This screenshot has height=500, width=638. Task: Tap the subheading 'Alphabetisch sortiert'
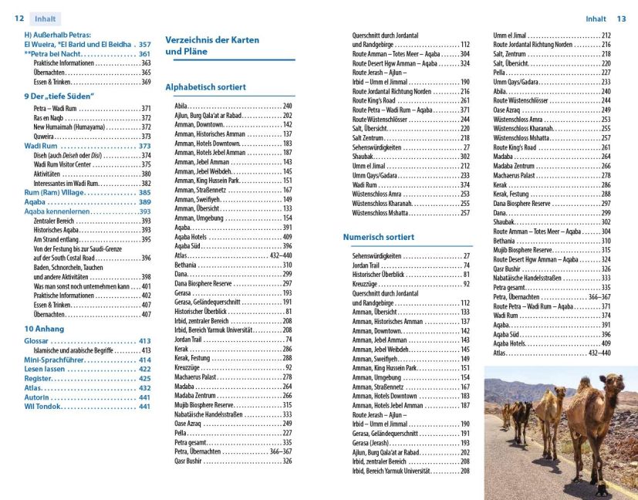(205, 87)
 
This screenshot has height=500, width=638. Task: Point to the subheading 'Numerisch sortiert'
(378, 238)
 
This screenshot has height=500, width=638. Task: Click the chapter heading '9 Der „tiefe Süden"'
(59, 96)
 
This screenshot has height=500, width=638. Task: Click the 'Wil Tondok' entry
(44, 407)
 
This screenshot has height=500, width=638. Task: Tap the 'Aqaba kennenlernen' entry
(68, 211)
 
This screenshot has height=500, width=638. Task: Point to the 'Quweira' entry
(44, 136)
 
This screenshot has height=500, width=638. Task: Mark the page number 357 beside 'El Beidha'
(145, 45)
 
